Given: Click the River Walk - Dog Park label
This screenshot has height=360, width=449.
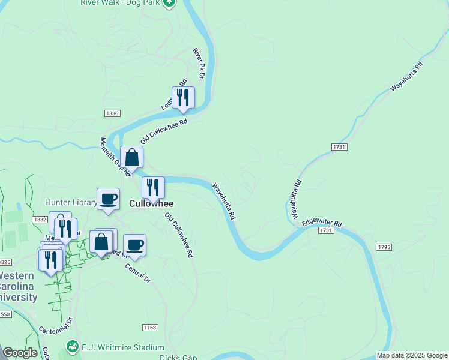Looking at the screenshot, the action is coord(122,2).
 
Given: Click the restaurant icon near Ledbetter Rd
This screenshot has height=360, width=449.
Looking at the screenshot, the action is coord(183,97).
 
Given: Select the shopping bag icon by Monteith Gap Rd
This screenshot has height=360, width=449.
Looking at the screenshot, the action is coord(131,158).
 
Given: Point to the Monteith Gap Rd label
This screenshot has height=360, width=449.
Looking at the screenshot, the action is coord(115,157).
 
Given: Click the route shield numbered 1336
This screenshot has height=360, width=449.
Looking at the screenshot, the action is coord(112,113).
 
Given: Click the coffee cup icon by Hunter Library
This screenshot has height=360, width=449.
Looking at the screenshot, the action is coord(109,199).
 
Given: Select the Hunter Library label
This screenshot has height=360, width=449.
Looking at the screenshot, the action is coord(70,202).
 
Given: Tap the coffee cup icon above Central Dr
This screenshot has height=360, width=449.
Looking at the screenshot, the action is coord(135,245).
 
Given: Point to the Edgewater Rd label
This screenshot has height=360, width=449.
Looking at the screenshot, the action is coord(321,222).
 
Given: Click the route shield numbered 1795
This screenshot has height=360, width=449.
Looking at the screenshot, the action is coord(384,247).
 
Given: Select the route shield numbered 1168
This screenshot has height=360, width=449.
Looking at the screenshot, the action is coord(150,327).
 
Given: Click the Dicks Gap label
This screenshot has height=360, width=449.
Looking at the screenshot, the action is coord(178,358).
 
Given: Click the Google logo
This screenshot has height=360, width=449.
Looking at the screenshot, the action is coord(20,353).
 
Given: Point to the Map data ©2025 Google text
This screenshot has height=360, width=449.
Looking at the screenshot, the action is coord(411,355).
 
